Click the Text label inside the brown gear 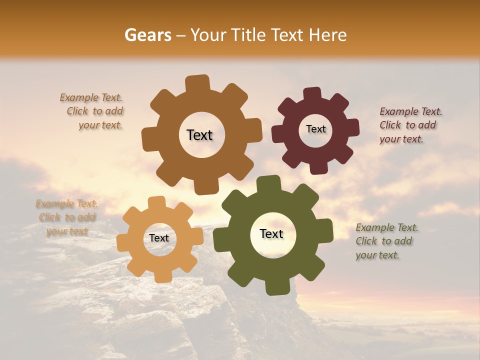pyautogui.click(x=199, y=135)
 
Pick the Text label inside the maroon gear pyautogui.click(x=315, y=129)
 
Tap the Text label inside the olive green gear pyautogui.click(x=271, y=233)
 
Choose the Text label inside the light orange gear pyautogui.click(x=159, y=238)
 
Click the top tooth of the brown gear pyautogui.click(x=197, y=83)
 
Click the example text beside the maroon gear pyautogui.click(x=410, y=125)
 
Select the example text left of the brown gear pyautogui.click(x=92, y=111)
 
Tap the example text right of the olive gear pyautogui.click(x=386, y=241)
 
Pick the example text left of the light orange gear pyautogui.click(x=67, y=217)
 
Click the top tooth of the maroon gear pyautogui.click(x=312, y=94)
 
